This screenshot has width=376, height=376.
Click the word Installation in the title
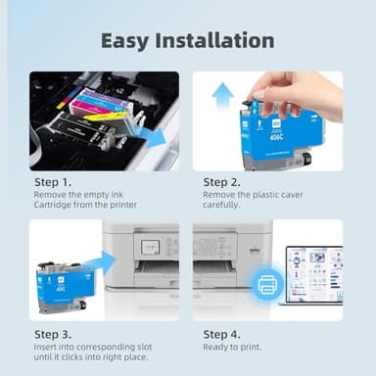215,40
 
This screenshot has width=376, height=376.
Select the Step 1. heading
53,181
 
